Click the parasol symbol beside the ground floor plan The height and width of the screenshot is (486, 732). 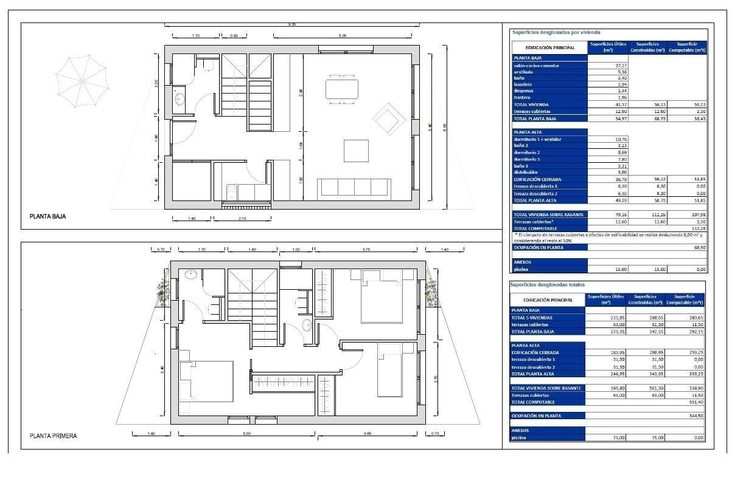(81, 82)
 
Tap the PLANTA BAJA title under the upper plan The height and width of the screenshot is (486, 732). (47, 216)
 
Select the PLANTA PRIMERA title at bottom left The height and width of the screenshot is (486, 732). (54, 436)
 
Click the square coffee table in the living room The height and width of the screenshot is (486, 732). (356, 151)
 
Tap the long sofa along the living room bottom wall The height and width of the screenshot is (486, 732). (355, 187)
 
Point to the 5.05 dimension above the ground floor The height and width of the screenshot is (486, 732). (343, 36)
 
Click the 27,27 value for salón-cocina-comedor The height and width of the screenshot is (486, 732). (605, 66)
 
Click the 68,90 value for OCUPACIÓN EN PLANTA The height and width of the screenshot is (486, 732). (699, 247)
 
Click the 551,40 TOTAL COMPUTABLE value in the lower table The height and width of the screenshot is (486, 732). (695, 402)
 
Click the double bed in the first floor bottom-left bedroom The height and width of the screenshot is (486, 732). (206, 382)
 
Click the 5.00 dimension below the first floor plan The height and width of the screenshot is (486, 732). (246, 434)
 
